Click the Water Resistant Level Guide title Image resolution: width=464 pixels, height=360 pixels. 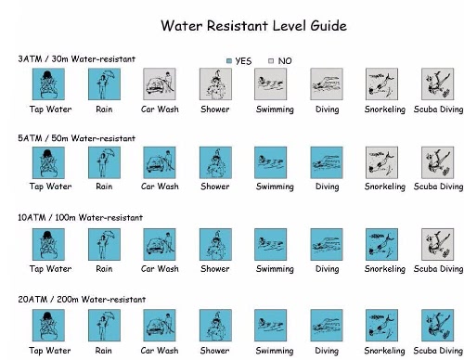[x=253, y=25]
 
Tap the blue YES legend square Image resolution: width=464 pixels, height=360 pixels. [x=229, y=61]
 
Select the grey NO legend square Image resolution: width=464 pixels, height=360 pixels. [x=271, y=61]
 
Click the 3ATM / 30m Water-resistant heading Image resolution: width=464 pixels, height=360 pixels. [x=77, y=58]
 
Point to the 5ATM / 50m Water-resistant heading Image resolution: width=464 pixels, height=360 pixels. [x=77, y=138]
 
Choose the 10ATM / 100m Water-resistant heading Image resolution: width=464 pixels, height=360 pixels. [x=81, y=217]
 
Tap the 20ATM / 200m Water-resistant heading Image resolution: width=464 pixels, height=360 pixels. [x=82, y=300]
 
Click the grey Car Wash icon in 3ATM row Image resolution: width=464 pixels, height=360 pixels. [x=160, y=84]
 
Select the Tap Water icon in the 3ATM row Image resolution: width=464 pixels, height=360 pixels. [x=48, y=84]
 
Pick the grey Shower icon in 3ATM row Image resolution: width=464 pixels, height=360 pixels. [x=215, y=84]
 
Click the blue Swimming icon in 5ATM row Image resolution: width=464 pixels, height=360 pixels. [x=271, y=162]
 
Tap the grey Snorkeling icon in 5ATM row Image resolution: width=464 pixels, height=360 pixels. [x=381, y=162]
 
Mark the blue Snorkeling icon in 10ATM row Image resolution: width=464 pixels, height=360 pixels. [x=381, y=244]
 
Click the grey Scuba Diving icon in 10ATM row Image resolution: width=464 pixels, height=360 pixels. [x=438, y=244]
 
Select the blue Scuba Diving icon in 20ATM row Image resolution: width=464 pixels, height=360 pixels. [x=438, y=326]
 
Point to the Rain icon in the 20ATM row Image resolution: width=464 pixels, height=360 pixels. [x=104, y=326]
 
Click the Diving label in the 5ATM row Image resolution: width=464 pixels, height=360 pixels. [x=328, y=186]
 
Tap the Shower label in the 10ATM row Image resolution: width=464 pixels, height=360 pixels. [x=215, y=268]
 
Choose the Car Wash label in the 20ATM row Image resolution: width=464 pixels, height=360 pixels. [x=160, y=351]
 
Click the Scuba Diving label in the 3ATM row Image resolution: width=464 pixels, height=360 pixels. [x=438, y=109]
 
